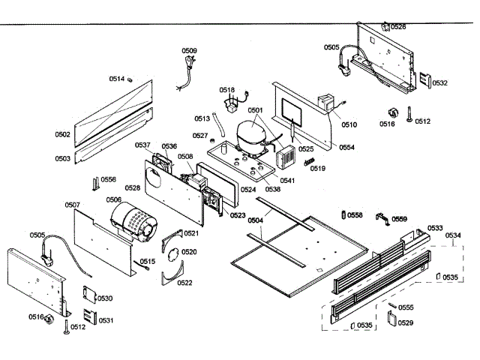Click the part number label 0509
tap(190, 51)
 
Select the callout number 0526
tap(398, 27)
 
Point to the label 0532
tap(439, 83)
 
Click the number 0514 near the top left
tap(117, 79)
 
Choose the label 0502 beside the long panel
tap(62, 135)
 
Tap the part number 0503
tap(62, 158)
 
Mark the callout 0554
tap(346, 148)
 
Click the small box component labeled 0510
tap(327, 104)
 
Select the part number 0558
tap(355, 215)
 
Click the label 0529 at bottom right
tap(406, 322)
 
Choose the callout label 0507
tap(73, 205)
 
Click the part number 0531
tap(106, 320)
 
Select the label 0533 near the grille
tap(435, 228)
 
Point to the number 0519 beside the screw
tap(318, 169)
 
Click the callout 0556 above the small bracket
tap(109, 180)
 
